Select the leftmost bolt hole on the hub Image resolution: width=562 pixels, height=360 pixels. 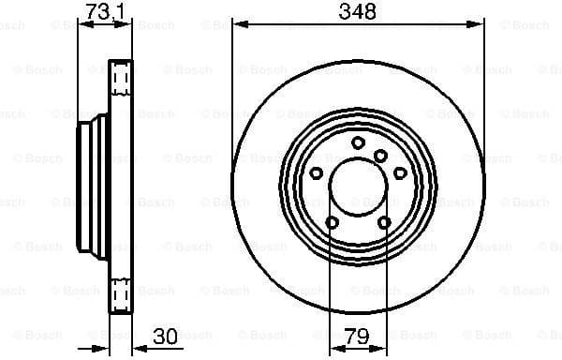pos(315,172)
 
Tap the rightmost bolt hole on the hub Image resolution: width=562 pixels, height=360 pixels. pos(400,172)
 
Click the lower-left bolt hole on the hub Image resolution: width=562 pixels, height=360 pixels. pos(331,222)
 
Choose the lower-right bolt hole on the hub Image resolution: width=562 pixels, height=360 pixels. pos(384,222)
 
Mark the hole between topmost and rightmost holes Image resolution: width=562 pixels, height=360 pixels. pos(380,156)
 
